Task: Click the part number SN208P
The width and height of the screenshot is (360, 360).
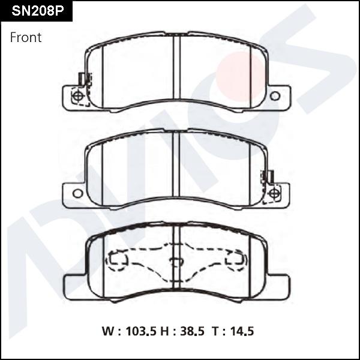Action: pyautogui.click(x=38, y=11)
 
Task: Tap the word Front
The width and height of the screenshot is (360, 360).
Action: pyautogui.click(x=26, y=37)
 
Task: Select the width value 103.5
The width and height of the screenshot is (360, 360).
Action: pyautogui.click(x=141, y=331)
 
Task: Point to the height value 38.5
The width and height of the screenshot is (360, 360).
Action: pyautogui.click(x=192, y=331)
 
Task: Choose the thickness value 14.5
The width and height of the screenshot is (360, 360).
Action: pyautogui.click(x=242, y=331)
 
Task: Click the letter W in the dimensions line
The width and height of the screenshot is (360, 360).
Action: pyautogui.click(x=107, y=331)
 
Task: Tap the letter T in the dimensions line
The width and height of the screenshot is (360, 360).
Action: pyautogui.click(x=215, y=331)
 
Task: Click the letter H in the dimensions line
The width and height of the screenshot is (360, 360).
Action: pyautogui.click(x=164, y=331)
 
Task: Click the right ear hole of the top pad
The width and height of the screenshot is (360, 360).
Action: pyautogui.click(x=275, y=96)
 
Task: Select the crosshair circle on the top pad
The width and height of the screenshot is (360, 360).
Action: pyautogui.click(x=78, y=96)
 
